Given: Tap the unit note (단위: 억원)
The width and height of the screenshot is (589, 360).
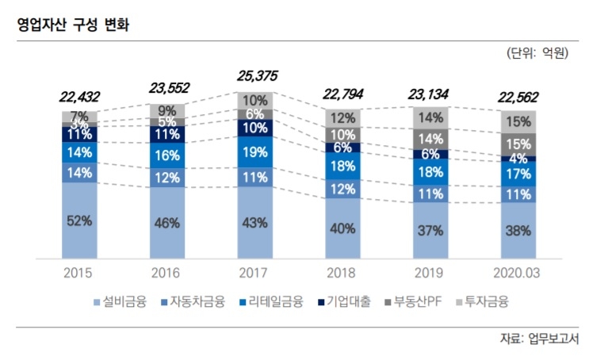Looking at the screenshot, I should [x=537, y=55].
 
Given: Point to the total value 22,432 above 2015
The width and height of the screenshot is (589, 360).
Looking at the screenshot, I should [x=82, y=97].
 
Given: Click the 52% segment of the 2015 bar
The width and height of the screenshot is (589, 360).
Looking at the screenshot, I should [x=82, y=221].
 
